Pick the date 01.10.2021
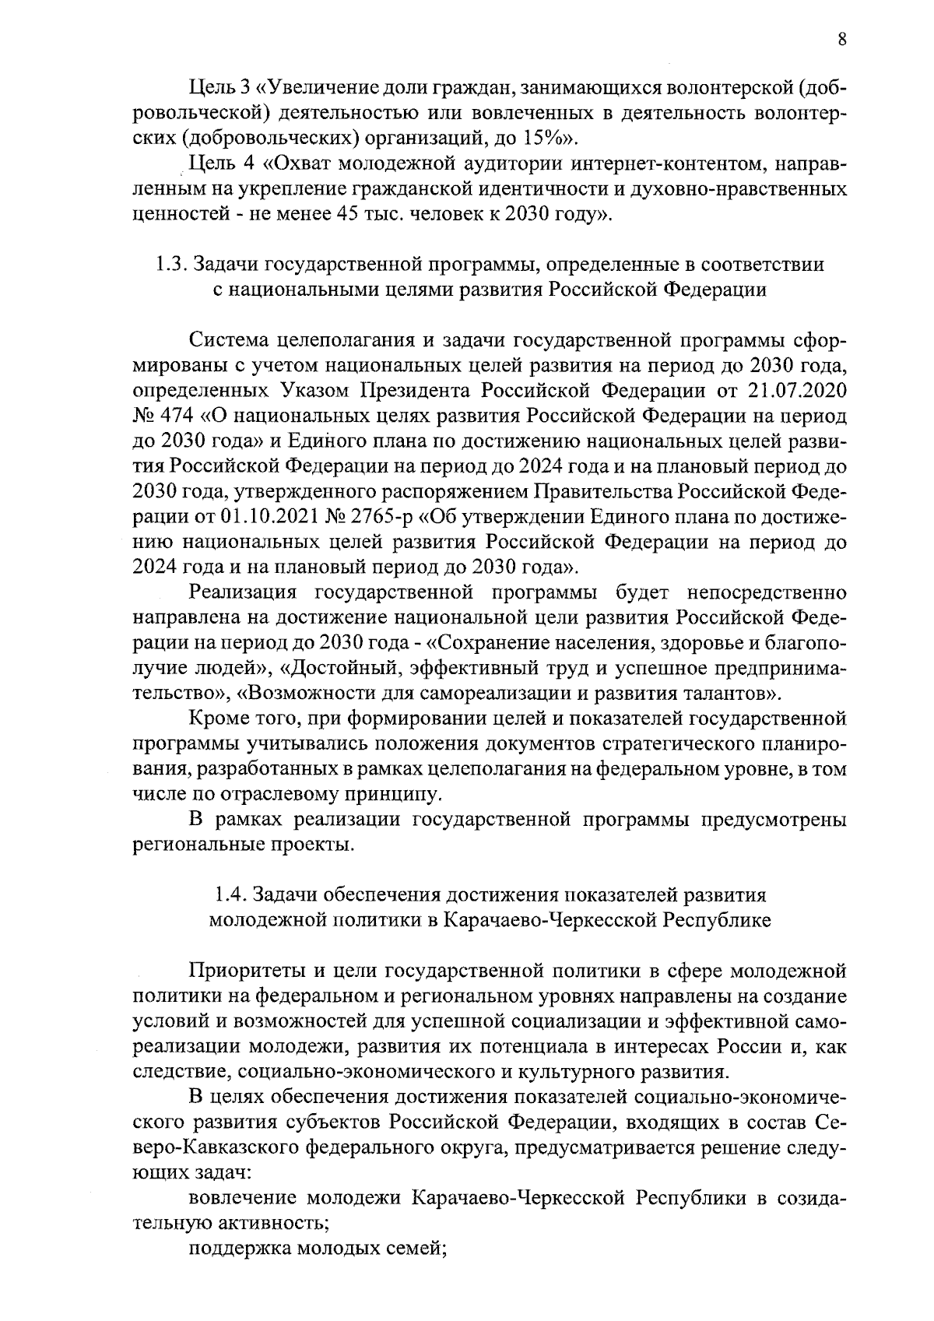(x=265, y=515)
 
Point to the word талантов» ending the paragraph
(x=729, y=693)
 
